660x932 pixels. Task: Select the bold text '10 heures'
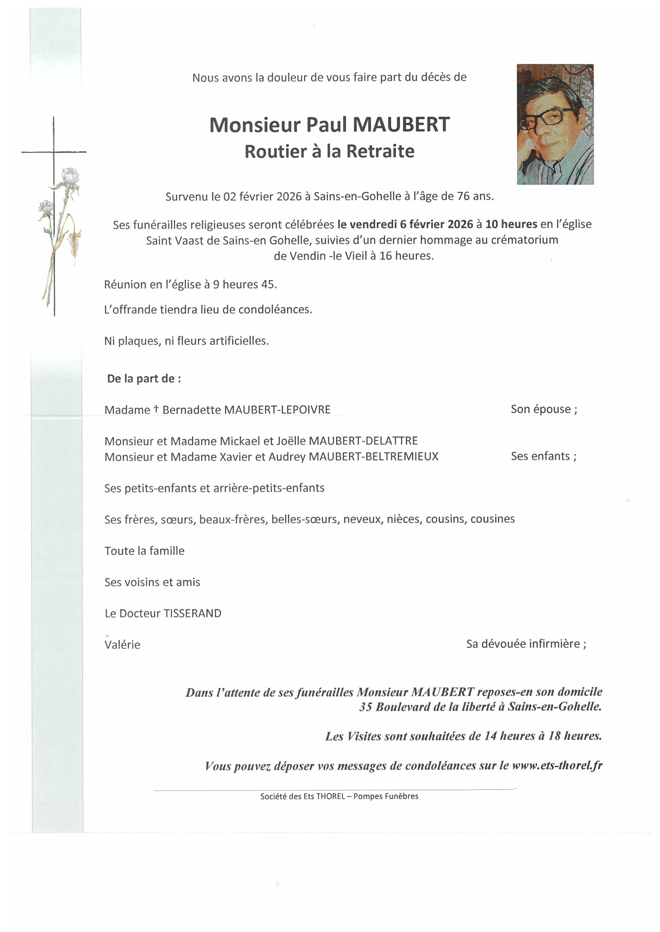[x=511, y=224]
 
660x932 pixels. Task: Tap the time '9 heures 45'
[x=245, y=285]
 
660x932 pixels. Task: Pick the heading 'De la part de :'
[x=144, y=379]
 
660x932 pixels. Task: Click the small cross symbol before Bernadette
[x=156, y=409]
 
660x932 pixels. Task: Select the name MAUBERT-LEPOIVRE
[x=277, y=410]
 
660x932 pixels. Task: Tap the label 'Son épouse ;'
[x=544, y=409]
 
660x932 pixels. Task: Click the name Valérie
[x=122, y=645]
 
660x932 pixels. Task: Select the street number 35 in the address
[x=365, y=707]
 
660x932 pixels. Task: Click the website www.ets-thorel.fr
[x=557, y=766]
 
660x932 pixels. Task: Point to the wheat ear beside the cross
[x=74, y=242]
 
